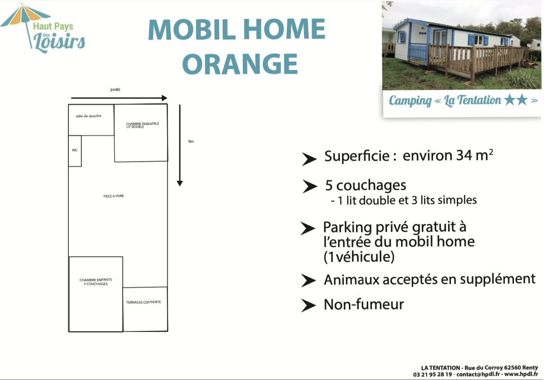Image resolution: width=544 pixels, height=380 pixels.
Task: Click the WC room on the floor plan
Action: (75, 151)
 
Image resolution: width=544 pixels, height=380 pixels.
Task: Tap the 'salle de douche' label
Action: (89, 116)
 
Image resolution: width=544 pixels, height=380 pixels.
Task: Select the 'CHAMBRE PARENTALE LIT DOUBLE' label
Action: (143, 125)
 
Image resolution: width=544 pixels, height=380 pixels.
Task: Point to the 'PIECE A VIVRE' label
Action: (113, 196)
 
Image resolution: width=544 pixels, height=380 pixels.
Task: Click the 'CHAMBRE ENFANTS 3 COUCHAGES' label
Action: (96, 282)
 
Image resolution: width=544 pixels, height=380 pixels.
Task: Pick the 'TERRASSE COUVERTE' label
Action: (143, 302)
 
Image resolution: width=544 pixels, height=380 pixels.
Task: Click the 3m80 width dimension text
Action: (115, 89)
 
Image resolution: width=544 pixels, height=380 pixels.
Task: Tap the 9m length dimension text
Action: (191, 141)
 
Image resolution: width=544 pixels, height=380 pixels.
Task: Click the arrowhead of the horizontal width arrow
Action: (165, 98)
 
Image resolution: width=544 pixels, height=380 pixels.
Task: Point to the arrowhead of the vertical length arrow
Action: (180, 183)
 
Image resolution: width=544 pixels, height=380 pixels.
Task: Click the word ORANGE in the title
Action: (240, 64)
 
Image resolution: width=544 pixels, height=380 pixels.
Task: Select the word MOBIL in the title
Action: (192, 29)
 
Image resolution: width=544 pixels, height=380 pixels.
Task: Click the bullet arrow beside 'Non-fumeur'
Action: (308, 305)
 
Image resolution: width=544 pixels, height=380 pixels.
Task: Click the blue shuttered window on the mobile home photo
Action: (478, 40)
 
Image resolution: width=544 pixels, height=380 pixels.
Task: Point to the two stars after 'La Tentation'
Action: (516, 100)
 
